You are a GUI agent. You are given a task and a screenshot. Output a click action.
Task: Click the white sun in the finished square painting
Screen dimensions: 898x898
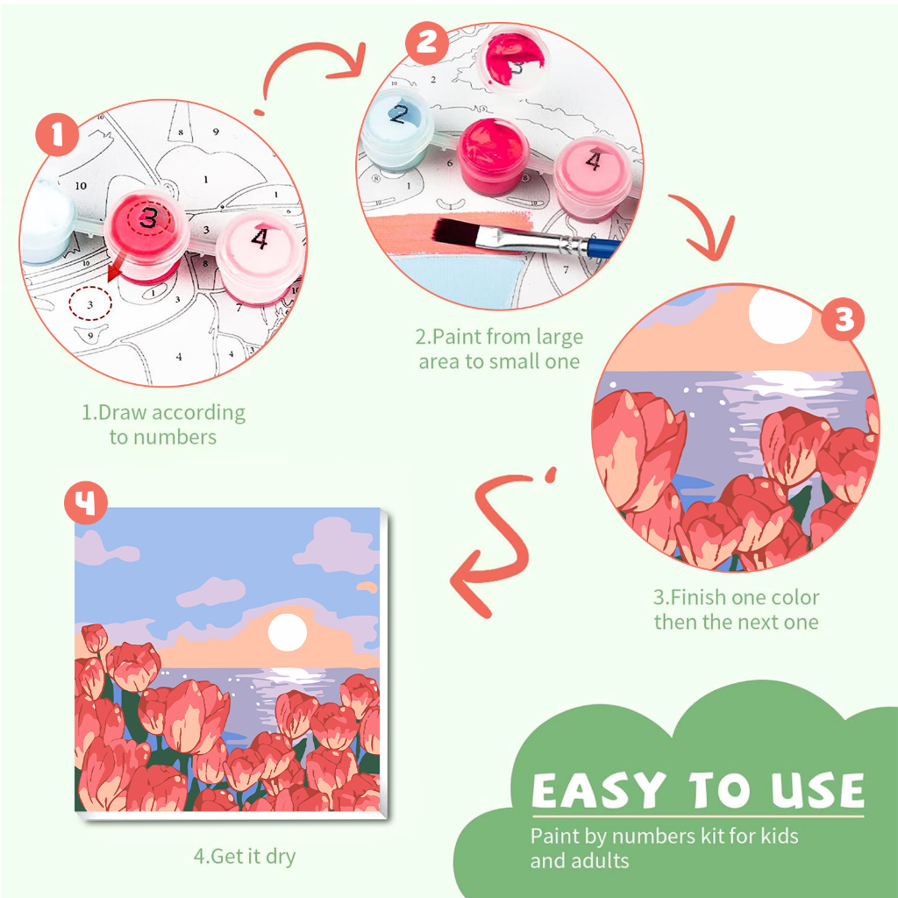[x=287, y=632]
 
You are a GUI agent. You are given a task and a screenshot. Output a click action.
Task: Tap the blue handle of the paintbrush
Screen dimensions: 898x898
[x=603, y=249]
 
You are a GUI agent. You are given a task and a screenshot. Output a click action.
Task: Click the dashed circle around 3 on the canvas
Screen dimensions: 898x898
[x=90, y=304]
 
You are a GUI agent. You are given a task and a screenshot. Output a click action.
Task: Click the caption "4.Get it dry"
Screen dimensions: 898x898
[x=245, y=856]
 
